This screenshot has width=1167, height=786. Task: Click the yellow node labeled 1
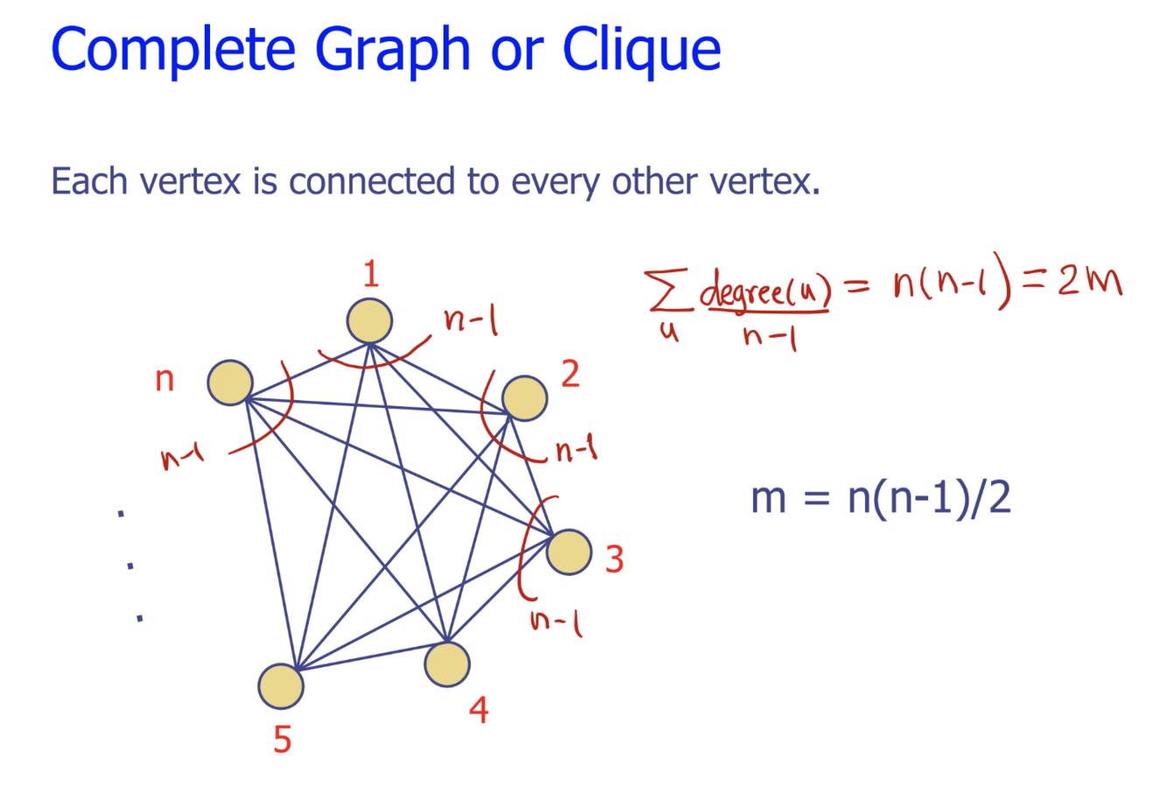[x=369, y=320]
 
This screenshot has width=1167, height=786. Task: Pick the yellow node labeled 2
[x=525, y=398]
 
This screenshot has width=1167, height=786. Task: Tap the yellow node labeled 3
[x=570, y=552]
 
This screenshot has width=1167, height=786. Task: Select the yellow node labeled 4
[x=447, y=664]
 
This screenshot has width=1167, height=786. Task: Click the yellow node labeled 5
[x=281, y=685]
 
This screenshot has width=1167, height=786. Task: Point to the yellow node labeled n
[x=230, y=382]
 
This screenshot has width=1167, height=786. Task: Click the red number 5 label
[x=282, y=740]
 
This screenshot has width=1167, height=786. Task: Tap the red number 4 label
[x=479, y=710]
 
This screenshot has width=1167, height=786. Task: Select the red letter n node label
[x=164, y=380]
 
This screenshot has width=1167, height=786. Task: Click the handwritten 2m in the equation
[x=1089, y=283]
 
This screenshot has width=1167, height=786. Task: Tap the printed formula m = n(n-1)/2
[x=880, y=498]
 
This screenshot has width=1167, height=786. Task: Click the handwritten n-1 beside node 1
[x=471, y=321]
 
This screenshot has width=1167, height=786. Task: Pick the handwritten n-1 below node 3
[x=556, y=621]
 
